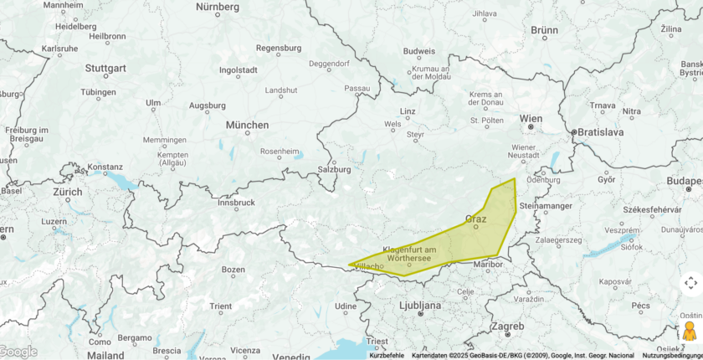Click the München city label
point(247,125)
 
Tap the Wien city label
point(531,119)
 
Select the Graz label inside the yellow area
point(475,219)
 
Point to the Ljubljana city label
point(420,306)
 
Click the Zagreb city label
point(507,326)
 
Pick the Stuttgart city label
point(105,68)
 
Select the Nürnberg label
point(217,7)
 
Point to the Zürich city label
point(68,192)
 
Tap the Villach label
point(369,266)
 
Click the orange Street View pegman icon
point(690,331)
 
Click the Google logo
point(18,352)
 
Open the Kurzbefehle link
point(387,356)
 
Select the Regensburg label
point(277,49)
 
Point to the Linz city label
point(408,111)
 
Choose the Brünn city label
point(544,30)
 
